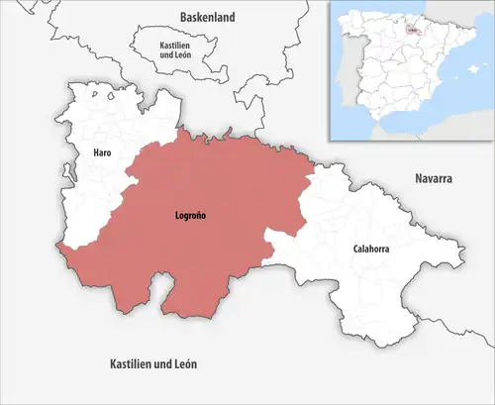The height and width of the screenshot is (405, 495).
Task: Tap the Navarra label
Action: [432, 178]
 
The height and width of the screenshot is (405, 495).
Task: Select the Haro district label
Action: [102, 153]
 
